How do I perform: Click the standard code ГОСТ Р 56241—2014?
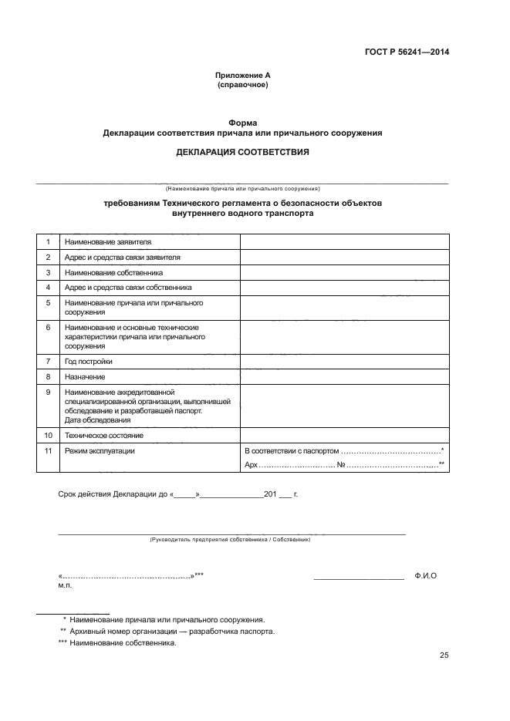[x=407, y=52]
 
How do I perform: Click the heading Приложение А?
[x=242, y=75]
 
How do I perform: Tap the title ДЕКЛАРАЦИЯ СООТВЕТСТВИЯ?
[x=242, y=152]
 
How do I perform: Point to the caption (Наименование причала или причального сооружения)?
[x=242, y=188]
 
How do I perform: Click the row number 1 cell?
[x=48, y=242]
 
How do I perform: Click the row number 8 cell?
[x=48, y=376]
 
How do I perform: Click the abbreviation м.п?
[x=64, y=586]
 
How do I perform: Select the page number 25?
[x=444, y=655]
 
